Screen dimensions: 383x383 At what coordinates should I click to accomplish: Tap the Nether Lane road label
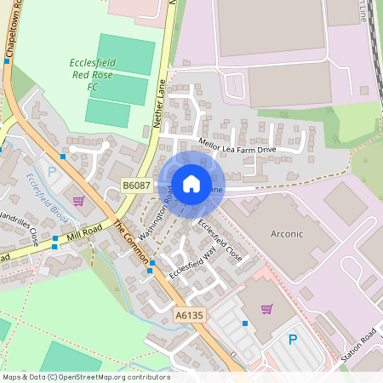coord(158,101)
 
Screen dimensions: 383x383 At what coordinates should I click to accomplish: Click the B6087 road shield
coord(136,185)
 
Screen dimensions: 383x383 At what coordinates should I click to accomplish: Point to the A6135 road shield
coord(190,315)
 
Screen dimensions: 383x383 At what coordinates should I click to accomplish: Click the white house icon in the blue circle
coord(191,183)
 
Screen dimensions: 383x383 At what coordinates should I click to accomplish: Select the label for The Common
coord(131,243)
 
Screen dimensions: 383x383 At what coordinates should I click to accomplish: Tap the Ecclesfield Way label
coord(188,259)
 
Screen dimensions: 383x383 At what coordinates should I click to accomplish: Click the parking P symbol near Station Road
coord(293,340)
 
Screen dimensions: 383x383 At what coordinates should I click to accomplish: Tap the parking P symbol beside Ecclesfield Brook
coord(52,172)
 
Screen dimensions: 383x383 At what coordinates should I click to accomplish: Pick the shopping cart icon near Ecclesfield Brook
coord(78,201)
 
